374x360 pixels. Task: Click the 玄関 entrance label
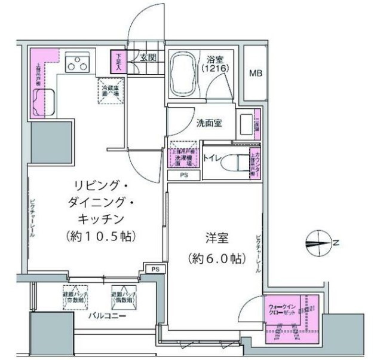click(148, 59)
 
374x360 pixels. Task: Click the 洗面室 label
click(209, 123)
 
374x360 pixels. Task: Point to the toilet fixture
click(239, 162)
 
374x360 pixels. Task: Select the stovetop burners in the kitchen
click(78, 62)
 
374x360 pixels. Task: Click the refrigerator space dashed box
click(111, 91)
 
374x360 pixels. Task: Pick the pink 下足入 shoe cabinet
click(115, 61)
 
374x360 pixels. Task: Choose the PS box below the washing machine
click(184, 175)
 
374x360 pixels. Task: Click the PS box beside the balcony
click(155, 269)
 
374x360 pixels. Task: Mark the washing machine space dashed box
click(184, 155)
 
